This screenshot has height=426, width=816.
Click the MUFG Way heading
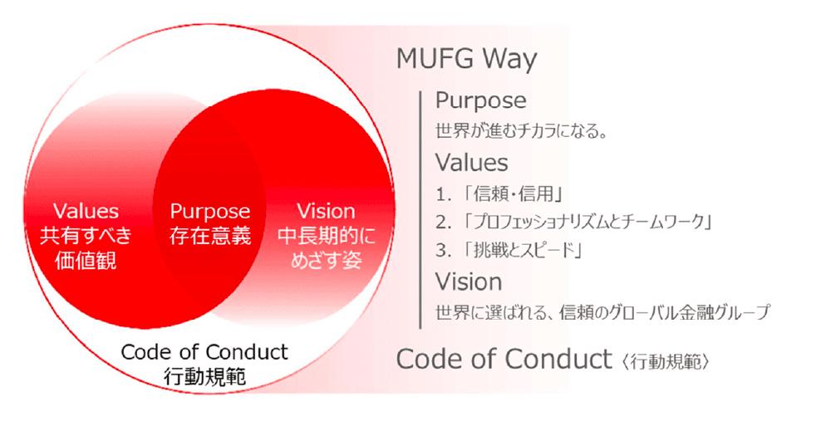pyautogui.click(x=465, y=61)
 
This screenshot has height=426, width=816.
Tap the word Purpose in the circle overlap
pyautogui.click(x=209, y=211)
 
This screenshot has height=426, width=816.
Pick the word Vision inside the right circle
pyautogui.click(x=326, y=211)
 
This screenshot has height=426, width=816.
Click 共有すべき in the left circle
pyautogui.click(x=86, y=235)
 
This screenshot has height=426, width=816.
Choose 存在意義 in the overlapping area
pyautogui.click(x=209, y=235)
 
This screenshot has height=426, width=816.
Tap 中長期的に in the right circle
pyautogui.click(x=326, y=235)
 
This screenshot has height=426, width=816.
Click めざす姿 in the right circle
pyautogui.click(x=326, y=261)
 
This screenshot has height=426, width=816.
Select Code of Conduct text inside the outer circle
pyautogui.click(x=204, y=351)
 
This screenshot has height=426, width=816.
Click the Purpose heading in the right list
pyautogui.click(x=480, y=101)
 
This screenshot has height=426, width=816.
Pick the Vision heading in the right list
pyautogui.click(x=469, y=280)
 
